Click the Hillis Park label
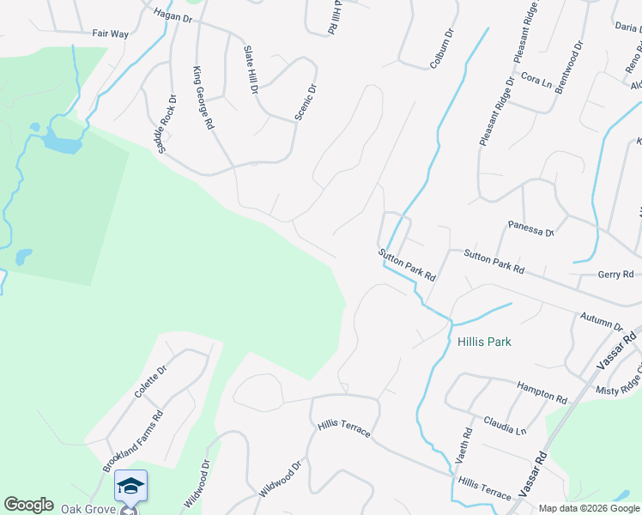[x=484, y=342]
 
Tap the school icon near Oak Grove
[x=130, y=486]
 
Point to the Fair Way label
[x=110, y=34]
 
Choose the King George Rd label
[x=203, y=98]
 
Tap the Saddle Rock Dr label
[x=167, y=124]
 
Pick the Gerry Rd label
[x=615, y=275]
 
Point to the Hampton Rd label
[x=542, y=394]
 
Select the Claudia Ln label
[x=504, y=424]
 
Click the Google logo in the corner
[x=28, y=505]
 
